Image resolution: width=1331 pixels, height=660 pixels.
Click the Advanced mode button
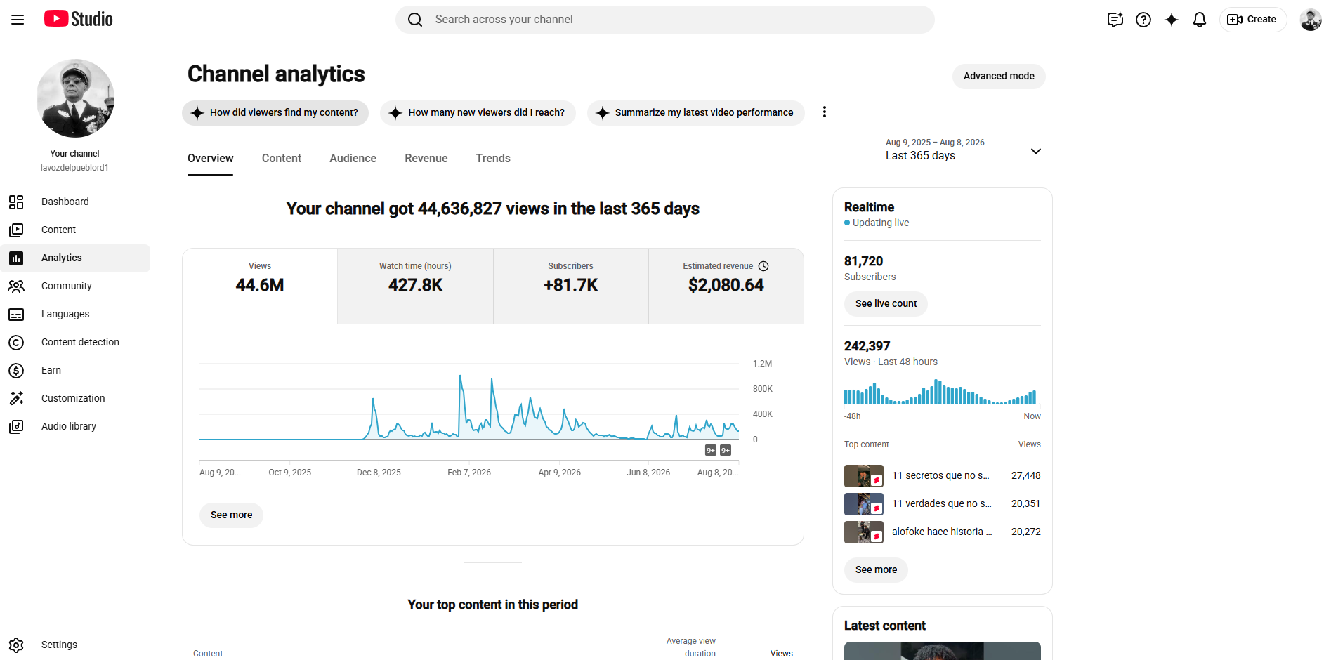(999, 77)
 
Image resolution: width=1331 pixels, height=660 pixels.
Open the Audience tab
(353, 159)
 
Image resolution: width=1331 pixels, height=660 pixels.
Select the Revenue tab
(426, 159)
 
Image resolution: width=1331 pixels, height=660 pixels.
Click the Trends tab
(493, 159)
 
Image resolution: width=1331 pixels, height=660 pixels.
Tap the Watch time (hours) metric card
(415, 286)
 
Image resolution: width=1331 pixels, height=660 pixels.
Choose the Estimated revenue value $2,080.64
(726, 285)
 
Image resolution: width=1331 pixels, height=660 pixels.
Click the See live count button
(886, 304)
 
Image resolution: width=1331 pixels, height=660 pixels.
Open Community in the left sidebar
(66, 286)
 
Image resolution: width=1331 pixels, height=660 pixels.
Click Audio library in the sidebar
(68, 426)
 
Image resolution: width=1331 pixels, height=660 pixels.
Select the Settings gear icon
(16, 645)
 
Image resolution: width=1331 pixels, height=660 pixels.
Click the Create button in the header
(1252, 20)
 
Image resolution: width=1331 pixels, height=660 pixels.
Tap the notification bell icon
(1200, 20)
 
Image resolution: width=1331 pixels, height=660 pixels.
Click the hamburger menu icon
(18, 20)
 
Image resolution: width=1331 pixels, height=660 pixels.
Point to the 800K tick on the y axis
(762, 389)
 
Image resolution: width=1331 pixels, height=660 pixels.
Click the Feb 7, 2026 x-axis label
(469, 473)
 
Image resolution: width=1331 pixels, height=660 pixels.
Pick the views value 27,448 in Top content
(1025, 475)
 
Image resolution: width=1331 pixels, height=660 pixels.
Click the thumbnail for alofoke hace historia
(864, 532)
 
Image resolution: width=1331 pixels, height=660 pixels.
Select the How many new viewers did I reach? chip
(478, 113)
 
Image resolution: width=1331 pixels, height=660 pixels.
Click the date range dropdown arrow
(1035, 152)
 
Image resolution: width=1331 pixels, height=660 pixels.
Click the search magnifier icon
(415, 20)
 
